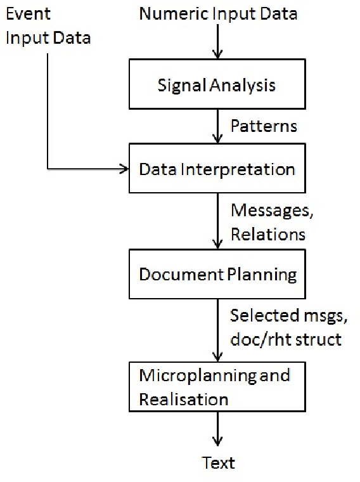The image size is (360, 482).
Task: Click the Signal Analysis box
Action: pos(217,84)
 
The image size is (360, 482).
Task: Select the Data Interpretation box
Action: pos(217,169)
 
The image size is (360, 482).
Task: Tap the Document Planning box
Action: pos(217,275)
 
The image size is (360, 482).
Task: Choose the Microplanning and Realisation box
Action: pos(217,387)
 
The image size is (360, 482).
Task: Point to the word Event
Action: pos(27,13)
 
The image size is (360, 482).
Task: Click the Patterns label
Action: pos(263,126)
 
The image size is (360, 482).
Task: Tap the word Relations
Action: pos(267,234)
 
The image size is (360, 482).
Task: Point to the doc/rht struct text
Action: pos(286,339)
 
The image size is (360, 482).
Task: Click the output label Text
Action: pos(218,462)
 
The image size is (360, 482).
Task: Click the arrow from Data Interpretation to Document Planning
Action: pos(217,222)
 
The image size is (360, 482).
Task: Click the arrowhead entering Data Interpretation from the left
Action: pos(124,169)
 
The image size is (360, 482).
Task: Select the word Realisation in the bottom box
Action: pos(183,400)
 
